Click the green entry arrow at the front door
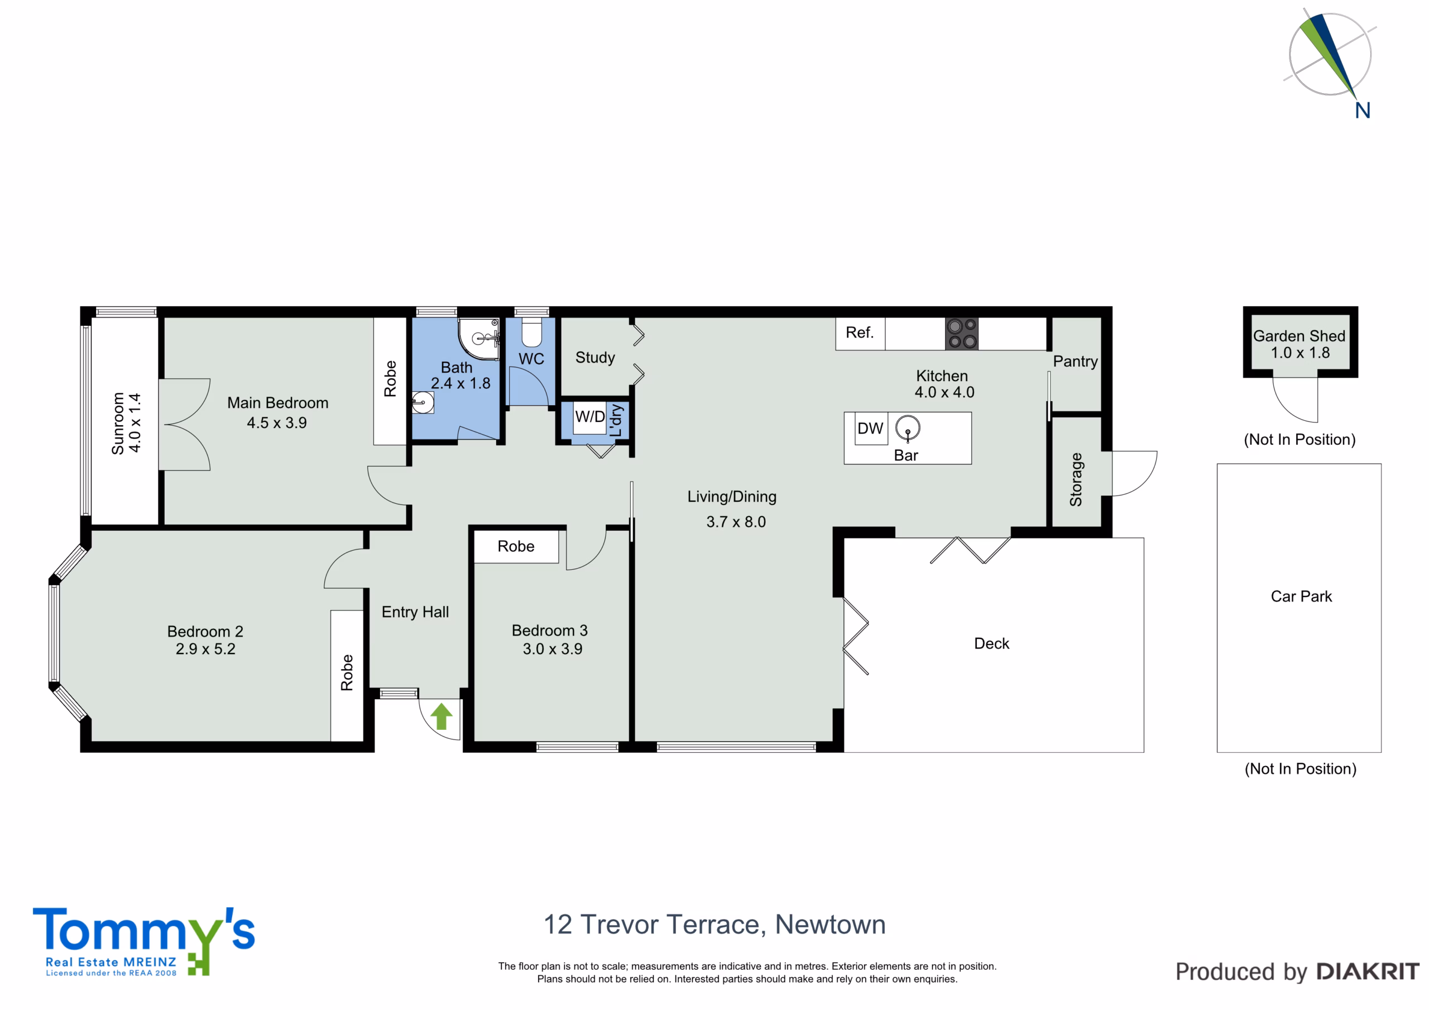pyautogui.click(x=442, y=716)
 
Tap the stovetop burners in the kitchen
pyautogui.click(x=962, y=334)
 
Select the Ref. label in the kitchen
pyautogui.click(x=860, y=333)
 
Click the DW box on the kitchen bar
pyautogui.click(x=871, y=428)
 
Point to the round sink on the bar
pyautogui.click(x=908, y=428)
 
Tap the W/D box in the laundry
pyautogui.click(x=589, y=416)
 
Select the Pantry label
pyautogui.click(x=1075, y=362)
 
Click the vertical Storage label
pyautogui.click(x=1076, y=479)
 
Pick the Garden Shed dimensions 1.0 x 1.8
pyautogui.click(x=1300, y=353)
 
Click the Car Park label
pyautogui.click(x=1301, y=596)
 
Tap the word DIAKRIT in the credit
pyautogui.click(x=1368, y=971)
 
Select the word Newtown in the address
pyautogui.click(x=830, y=925)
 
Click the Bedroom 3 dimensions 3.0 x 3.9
pyautogui.click(x=553, y=649)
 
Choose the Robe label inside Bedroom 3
pyautogui.click(x=516, y=546)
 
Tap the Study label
pyautogui.click(x=595, y=358)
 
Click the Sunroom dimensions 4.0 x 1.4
pyautogui.click(x=135, y=423)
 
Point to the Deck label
pyautogui.click(x=991, y=643)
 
